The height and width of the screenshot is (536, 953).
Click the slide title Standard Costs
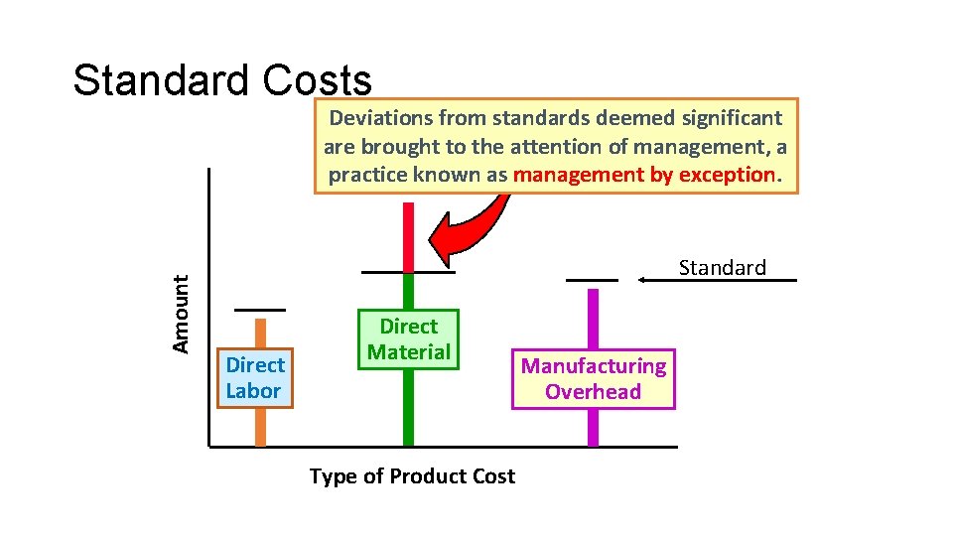222,81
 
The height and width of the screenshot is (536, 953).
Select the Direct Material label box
409,338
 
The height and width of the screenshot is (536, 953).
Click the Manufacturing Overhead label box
594,379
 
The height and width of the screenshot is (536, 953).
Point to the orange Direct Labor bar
261,427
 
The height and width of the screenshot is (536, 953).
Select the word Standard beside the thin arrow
722,267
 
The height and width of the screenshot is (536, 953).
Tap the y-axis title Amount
181,314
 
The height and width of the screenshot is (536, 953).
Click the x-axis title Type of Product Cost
412,476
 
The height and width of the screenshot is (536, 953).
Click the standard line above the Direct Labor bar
259,310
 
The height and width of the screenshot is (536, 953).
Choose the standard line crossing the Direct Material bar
408,271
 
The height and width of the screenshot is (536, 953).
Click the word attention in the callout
557,147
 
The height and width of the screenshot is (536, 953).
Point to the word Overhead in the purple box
594,392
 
